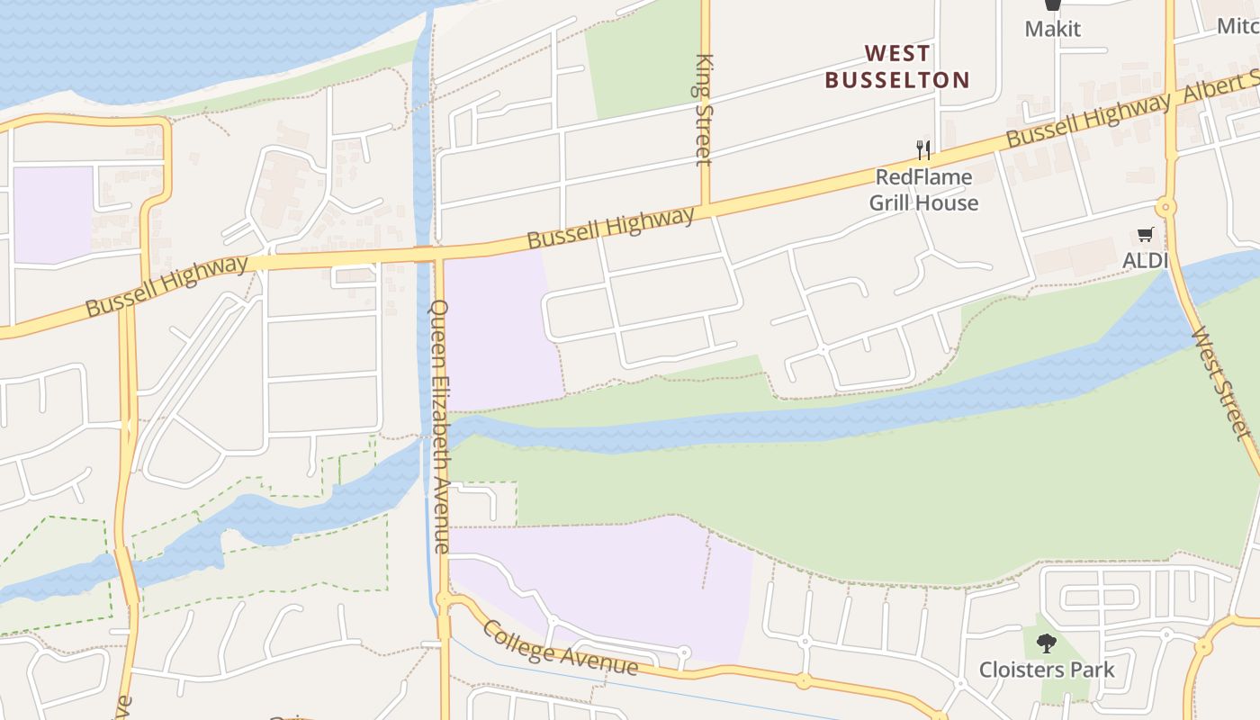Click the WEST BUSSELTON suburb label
pyautogui.click(x=897, y=67)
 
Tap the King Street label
pyautogui.click(x=704, y=110)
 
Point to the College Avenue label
pyautogui.click(x=560, y=647)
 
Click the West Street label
pyautogui.click(x=1221, y=382)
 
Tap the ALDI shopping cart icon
pyautogui.click(x=1145, y=235)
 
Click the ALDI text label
pyautogui.click(x=1145, y=261)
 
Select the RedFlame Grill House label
pyautogui.click(x=923, y=190)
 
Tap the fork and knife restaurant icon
pyautogui.click(x=922, y=149)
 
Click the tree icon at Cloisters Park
pyautogui.click(x=1046, y=643)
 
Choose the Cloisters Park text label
pyautogui.click(x=1047, y=670)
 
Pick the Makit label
pyautogui.click(x=1052, y=29)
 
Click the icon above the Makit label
pyautogui.click(x=1052, y=5)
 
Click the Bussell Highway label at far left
pyautogui.click(x=166, y=286)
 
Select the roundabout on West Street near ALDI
pyautogui.click(x=1167, y=208)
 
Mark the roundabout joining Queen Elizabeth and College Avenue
pyautogui.click(x=443, y=599)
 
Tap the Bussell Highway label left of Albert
pyautogui.click(x=1089, y=121)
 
